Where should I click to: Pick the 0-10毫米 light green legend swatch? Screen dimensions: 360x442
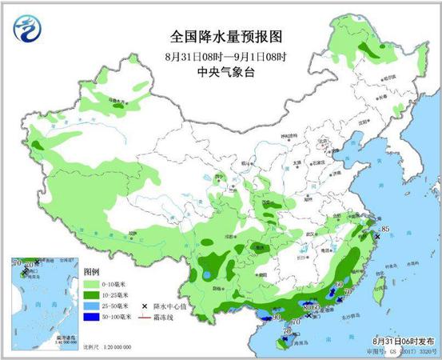pyautogui.click(x=92, y=284)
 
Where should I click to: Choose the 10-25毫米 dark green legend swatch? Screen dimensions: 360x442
pyautogui.click(x=92, y=295)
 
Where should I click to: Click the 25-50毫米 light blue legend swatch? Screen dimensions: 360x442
pyautogui.click(x=92, y=306)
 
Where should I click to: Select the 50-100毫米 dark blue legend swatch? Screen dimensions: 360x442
pyautogui.click(x=92, y=318)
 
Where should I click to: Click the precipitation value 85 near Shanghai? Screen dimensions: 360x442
pyautogui.click(x=385, y=231)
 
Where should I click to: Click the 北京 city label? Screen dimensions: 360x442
pyautogui.click(x=323, y=146)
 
